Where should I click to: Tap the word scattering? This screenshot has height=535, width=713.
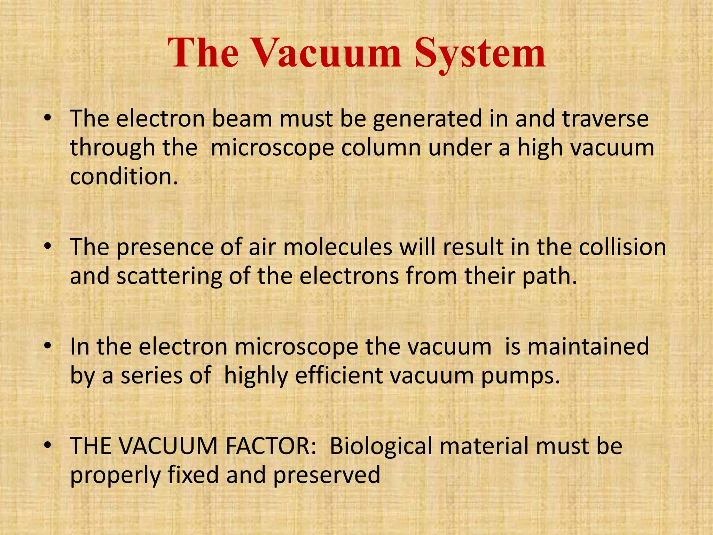169,276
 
